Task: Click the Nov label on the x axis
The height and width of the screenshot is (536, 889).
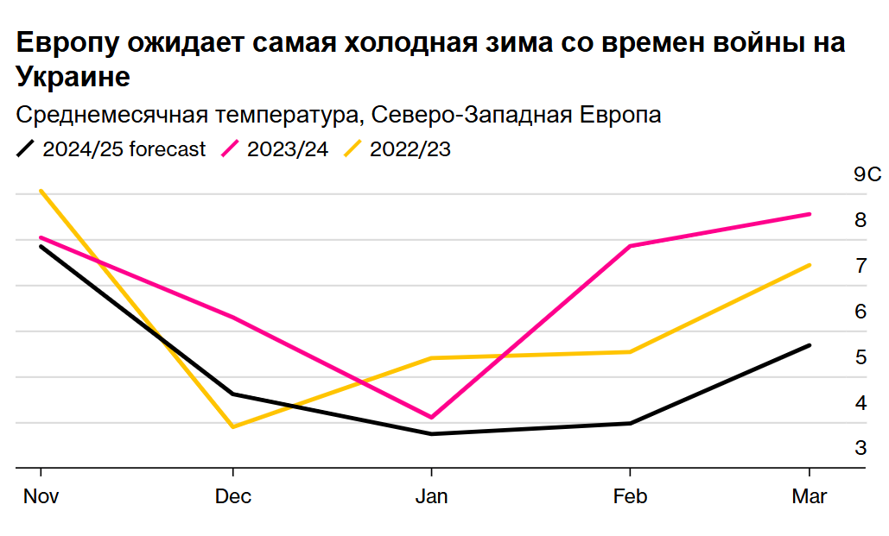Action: click(x=40, y=497)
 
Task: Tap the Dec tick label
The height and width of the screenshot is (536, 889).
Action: click(x=233, y=497)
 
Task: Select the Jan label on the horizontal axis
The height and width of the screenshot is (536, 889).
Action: click(x=431, y=497)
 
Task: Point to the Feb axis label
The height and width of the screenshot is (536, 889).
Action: click(x=630, y=497)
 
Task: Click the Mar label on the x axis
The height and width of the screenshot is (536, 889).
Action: click(x=810, y=497)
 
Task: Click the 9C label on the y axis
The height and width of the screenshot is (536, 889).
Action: click(x=867, y=175)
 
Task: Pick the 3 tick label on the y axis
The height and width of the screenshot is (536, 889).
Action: click(x=860, y=448)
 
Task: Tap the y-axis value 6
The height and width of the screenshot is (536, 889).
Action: click(x=860, y=312)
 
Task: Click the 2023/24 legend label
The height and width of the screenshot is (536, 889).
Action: click(x=288, y=149)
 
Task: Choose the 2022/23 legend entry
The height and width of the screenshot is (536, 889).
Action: click(x=410, y=149)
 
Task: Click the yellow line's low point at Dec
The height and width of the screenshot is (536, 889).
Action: click(x=233, y=426)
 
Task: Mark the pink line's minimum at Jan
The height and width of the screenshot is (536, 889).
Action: click(x=431, y=417)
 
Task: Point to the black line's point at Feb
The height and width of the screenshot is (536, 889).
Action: click(x=630, y=423)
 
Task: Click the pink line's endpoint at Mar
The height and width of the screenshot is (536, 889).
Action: click(x=810, y=214)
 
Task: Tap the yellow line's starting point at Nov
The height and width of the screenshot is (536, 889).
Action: click(x=41, y=191)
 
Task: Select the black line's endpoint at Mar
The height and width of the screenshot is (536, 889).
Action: click(x=810, y=345)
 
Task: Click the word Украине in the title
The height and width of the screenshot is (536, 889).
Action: click(x=73, y=78)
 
